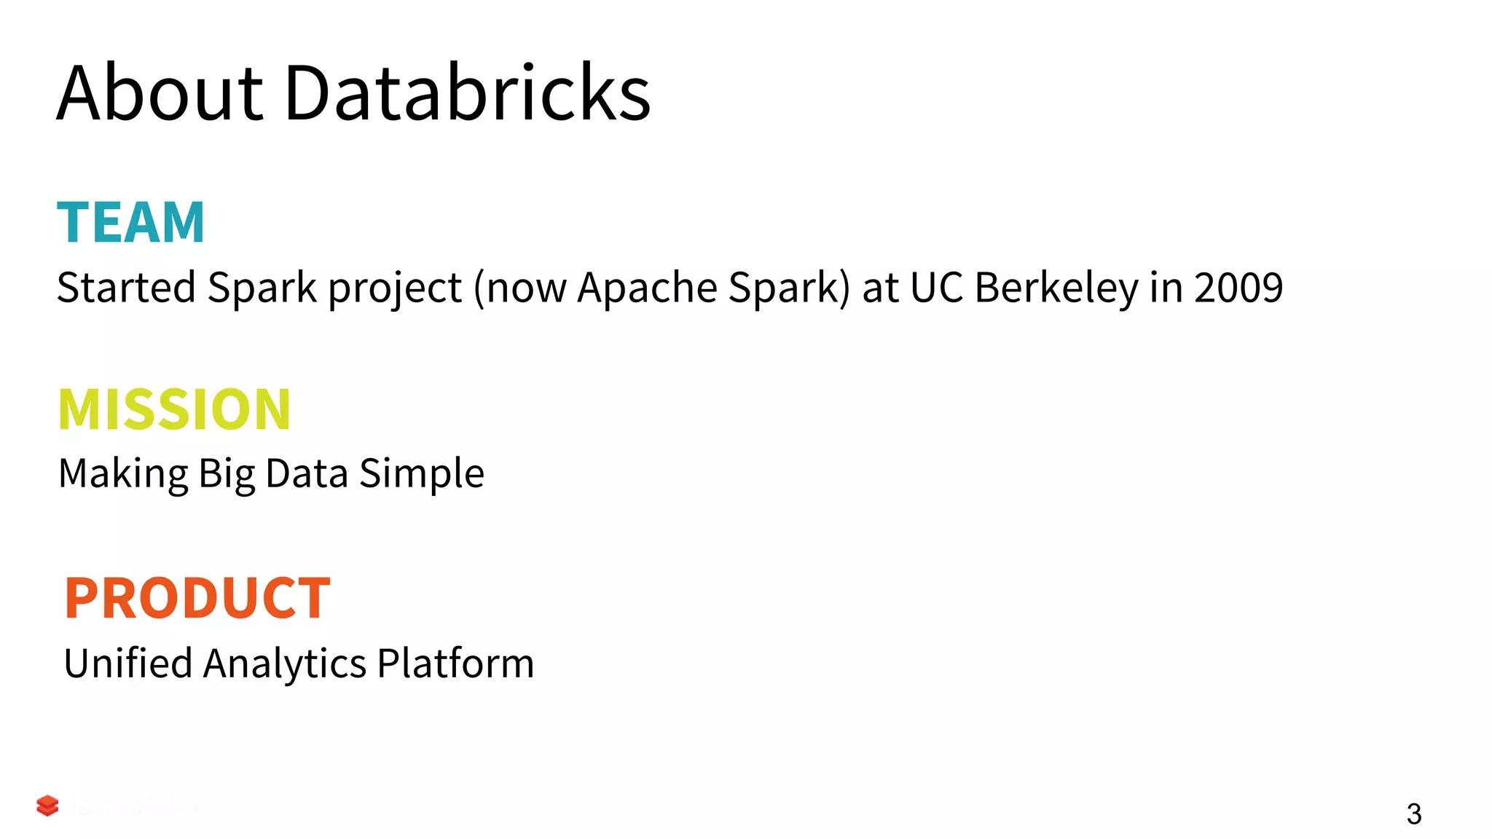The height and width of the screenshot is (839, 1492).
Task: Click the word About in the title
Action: pyautogui.click(x=160, y=93)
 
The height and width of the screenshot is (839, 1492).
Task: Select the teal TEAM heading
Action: pyautogui.click(x=131, y=222)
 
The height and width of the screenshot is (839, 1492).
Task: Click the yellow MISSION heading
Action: pyautogui.click(x=175, y=409)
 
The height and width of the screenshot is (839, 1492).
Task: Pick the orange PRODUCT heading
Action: pyautogui.click(x=197, y=598)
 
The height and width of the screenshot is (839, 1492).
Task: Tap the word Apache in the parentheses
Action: pyautogui.click(x=648, y=287)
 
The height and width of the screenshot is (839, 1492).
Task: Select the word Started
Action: pyautogui.click(x=126, y=287)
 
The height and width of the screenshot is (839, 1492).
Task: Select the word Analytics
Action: pyautogui.click(x=285, y=664)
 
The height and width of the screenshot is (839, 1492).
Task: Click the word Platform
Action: pyautogui.click(x=455, y=663)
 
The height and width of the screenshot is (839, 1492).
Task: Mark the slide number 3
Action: pyautogui.click(x=1413, y=814)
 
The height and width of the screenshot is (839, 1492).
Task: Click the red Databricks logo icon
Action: pyautogui.click(x=47, y=805)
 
